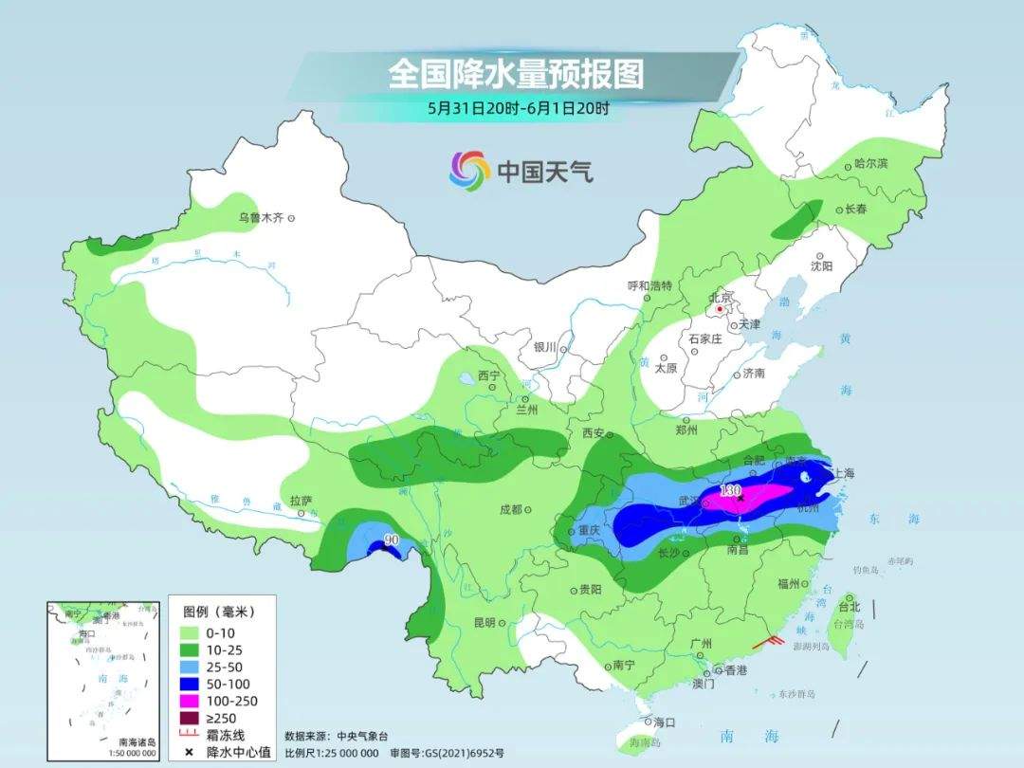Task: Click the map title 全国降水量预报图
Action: click(516, 74)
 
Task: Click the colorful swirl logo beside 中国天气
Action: click(468, 170)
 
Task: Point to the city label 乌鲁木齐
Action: click(261, 218)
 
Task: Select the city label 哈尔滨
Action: click(870, 164)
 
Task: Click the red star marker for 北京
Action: click(721, 308)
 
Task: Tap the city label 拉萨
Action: click(301, 501)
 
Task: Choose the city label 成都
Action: click(510, 509)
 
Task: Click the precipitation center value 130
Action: click(729, 489)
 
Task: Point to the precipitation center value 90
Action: click(389, 540)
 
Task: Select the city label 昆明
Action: click(484, 623)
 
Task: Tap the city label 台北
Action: click(849, 607)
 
